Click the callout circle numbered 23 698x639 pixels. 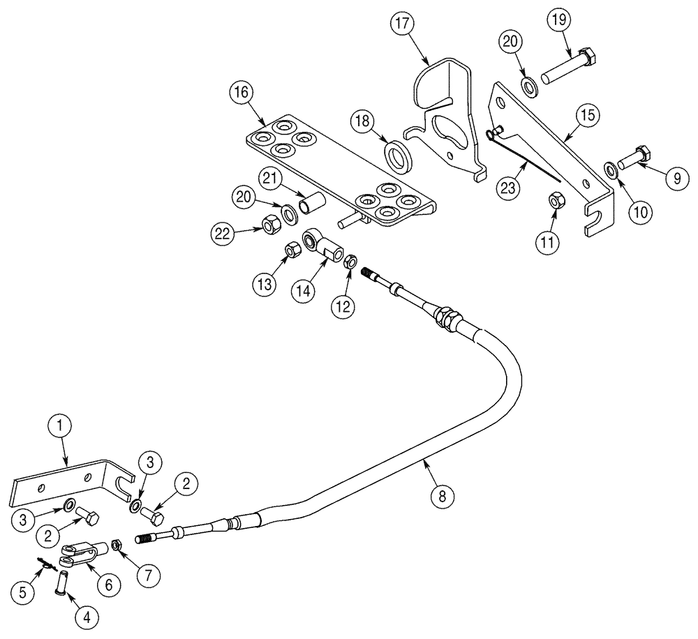coord(508,188)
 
